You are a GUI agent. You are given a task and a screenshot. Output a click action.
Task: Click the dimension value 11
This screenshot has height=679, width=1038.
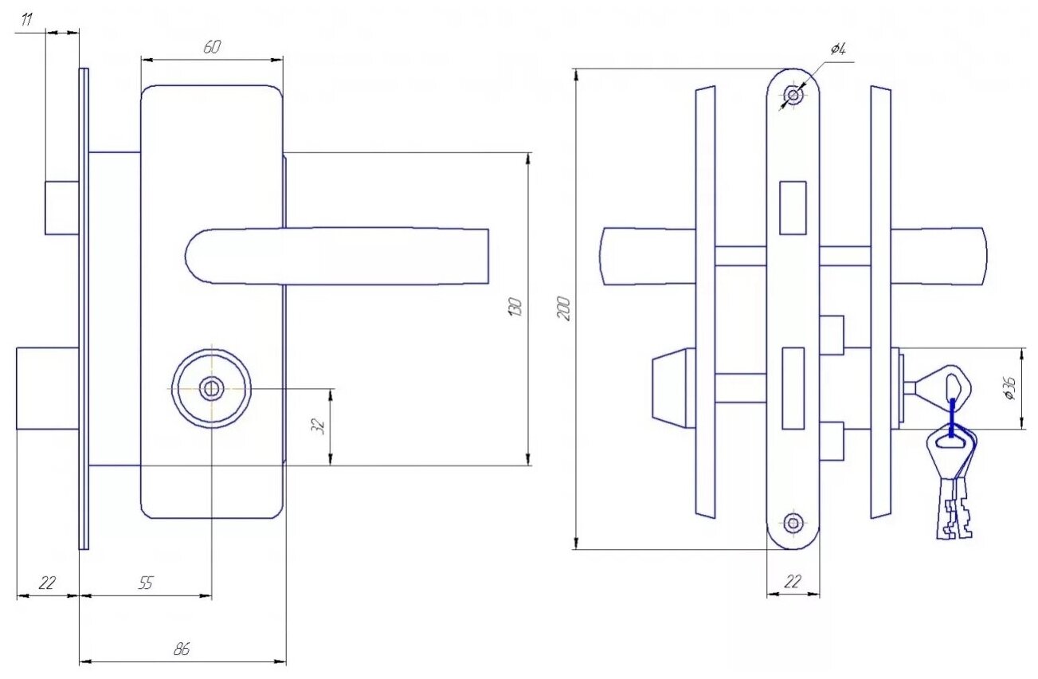point(27,20)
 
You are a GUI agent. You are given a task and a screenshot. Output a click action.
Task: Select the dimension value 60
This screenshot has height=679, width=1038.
point(211,48)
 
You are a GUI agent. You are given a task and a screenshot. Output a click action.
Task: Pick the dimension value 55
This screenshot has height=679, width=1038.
point(145,583)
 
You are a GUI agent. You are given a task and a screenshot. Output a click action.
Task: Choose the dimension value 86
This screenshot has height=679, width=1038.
point(182,650)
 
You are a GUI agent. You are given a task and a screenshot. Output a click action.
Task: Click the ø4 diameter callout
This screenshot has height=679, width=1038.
point(837,50)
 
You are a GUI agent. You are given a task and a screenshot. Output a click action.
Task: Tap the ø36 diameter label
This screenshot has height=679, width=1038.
point(1010,388)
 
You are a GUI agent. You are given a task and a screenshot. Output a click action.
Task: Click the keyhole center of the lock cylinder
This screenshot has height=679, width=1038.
point(211,389)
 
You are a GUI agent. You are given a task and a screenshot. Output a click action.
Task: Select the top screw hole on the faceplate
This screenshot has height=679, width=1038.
point(793,96)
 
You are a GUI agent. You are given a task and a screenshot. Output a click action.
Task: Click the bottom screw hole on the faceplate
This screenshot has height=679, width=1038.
point(793,523)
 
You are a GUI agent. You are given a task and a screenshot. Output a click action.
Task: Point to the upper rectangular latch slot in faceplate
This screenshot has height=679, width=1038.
point(793,208)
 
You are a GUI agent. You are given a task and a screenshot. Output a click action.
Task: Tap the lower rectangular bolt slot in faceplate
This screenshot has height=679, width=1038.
point(793,388)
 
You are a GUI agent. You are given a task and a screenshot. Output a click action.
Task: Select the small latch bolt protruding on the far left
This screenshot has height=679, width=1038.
point(61,208)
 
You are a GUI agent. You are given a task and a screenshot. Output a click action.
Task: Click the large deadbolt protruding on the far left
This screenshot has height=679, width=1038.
point(47,389)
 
